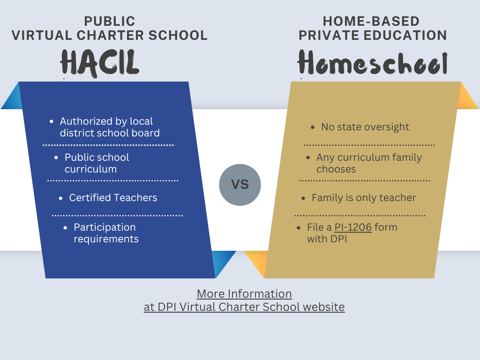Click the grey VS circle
coord(240,185)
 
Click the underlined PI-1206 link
coord(353,227)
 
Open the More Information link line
coord(244,293)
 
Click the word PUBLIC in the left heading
coord(110,21)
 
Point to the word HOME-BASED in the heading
coord(371,21)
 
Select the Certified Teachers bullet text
coord(113,197)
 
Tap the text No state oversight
coord(365,127)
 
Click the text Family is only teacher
coord(364,198)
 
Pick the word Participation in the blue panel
coord(105,227)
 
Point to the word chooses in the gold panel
coord(336,169)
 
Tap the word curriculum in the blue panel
coord(90,169)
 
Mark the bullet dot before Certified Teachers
coord(60,198)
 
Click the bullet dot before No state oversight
coord(313,127)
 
